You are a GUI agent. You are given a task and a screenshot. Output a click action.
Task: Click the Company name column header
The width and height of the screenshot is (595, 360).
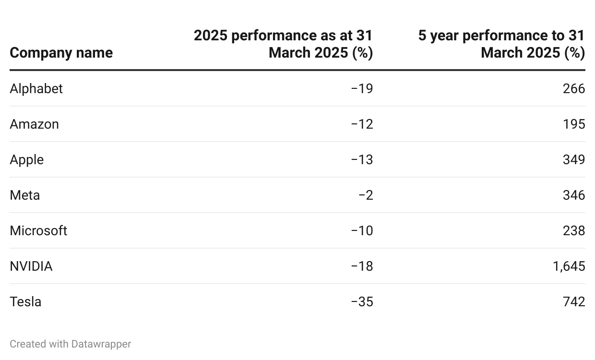[x=61, y=52]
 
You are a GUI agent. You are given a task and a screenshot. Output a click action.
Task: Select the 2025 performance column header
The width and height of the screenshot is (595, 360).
[x=283, y=44]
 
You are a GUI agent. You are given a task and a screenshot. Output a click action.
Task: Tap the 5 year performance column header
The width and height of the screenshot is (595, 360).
[x=501, y=44]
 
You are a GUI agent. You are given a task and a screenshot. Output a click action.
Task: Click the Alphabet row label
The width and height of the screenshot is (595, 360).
[x=36, y=89]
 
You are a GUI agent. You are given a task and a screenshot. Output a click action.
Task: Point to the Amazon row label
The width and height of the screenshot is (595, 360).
[x=34, y=124]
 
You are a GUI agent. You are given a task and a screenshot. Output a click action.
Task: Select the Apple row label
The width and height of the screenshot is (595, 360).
[x=26, y=160]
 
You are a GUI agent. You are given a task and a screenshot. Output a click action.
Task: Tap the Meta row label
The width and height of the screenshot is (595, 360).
[x=24, y=195]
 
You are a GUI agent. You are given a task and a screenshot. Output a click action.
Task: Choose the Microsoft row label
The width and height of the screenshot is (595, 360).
[x=38, y=231]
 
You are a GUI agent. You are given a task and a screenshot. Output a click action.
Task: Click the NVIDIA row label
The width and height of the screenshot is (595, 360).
[x=31, y=266]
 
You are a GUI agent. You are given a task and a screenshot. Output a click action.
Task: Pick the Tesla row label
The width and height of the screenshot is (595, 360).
[x=25, y=302]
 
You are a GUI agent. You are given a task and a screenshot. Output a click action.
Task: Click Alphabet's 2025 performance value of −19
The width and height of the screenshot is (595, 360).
[x=362, y=89]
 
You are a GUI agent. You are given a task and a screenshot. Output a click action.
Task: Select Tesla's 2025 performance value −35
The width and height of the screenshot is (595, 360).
[x=362, y=302]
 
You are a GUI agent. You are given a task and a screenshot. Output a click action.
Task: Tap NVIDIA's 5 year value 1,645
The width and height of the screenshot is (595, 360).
[x=569, y=266]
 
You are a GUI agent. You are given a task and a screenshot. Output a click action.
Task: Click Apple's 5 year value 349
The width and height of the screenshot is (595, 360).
[x=574, y=160]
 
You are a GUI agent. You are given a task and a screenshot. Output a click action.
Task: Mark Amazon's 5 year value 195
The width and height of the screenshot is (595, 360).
[x=574, y=124]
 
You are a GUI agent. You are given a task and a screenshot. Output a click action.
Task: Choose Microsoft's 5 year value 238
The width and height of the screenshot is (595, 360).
[x=574, y=231]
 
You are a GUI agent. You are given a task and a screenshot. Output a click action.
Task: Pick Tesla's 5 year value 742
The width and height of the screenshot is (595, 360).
[x=574, y=302]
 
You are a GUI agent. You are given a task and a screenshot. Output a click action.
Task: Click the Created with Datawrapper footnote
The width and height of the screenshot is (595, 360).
[x=70, y=344]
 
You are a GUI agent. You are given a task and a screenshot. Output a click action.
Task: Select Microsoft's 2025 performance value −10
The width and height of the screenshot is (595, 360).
[x=362, y=231]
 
